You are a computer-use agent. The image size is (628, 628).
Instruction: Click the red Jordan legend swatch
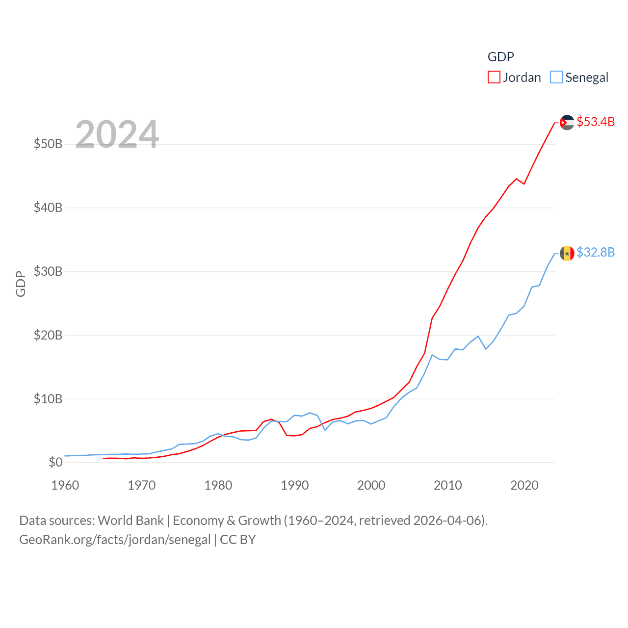coord(494,78)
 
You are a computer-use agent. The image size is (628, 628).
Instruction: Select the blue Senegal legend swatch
coord(556,78)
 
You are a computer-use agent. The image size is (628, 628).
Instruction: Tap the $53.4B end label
coord(596,122)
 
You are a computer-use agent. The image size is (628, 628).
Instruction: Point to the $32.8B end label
coord(596,252)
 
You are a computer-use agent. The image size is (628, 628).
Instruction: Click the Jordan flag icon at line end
coord(567,123)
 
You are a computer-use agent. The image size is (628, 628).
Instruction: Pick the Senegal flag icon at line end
coord(567,253)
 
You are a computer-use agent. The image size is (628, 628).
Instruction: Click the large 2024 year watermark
coord(117,134)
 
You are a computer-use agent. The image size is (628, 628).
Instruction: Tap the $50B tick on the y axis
coord(48,144)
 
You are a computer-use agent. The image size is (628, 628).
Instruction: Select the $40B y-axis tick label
coord(48,208)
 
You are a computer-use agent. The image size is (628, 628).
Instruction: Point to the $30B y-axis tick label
coord(48,271)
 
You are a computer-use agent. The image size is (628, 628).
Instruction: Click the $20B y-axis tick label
coord(48,335)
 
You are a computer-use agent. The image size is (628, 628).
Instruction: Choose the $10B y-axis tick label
coord(48,399)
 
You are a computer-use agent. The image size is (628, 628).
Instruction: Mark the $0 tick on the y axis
coord(55,462)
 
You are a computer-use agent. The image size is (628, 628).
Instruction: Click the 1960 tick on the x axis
coord(65,485)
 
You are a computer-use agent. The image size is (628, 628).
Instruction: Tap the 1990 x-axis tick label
coord(295,485)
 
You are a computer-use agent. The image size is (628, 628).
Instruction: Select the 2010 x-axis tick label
coord(448,485)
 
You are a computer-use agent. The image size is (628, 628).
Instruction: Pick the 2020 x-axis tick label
coord(524,485)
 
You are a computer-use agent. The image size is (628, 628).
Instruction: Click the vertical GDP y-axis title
coord(21,284)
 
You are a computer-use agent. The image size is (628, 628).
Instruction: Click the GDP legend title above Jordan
coord(500,57)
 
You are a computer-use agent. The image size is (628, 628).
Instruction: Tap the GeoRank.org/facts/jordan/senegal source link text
coord(115,540)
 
